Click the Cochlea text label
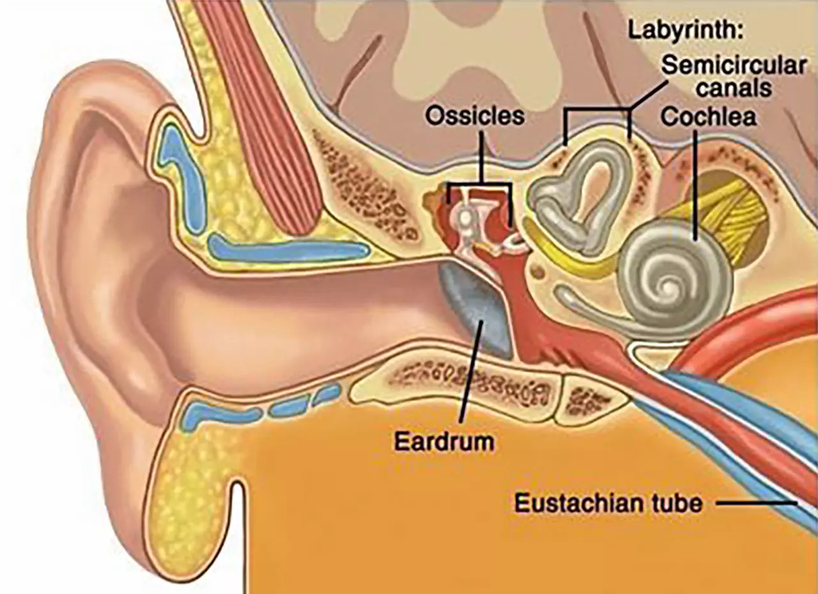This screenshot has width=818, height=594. (708, 117)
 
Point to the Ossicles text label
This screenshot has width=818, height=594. (475, 116)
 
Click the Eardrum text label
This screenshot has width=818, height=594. (444, 442)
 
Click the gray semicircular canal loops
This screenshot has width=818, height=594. (581, 198)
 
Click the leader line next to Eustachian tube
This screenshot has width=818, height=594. (756, 503)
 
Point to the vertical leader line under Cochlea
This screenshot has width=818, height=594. (695, 185)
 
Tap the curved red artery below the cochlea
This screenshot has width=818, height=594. (745, 329)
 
